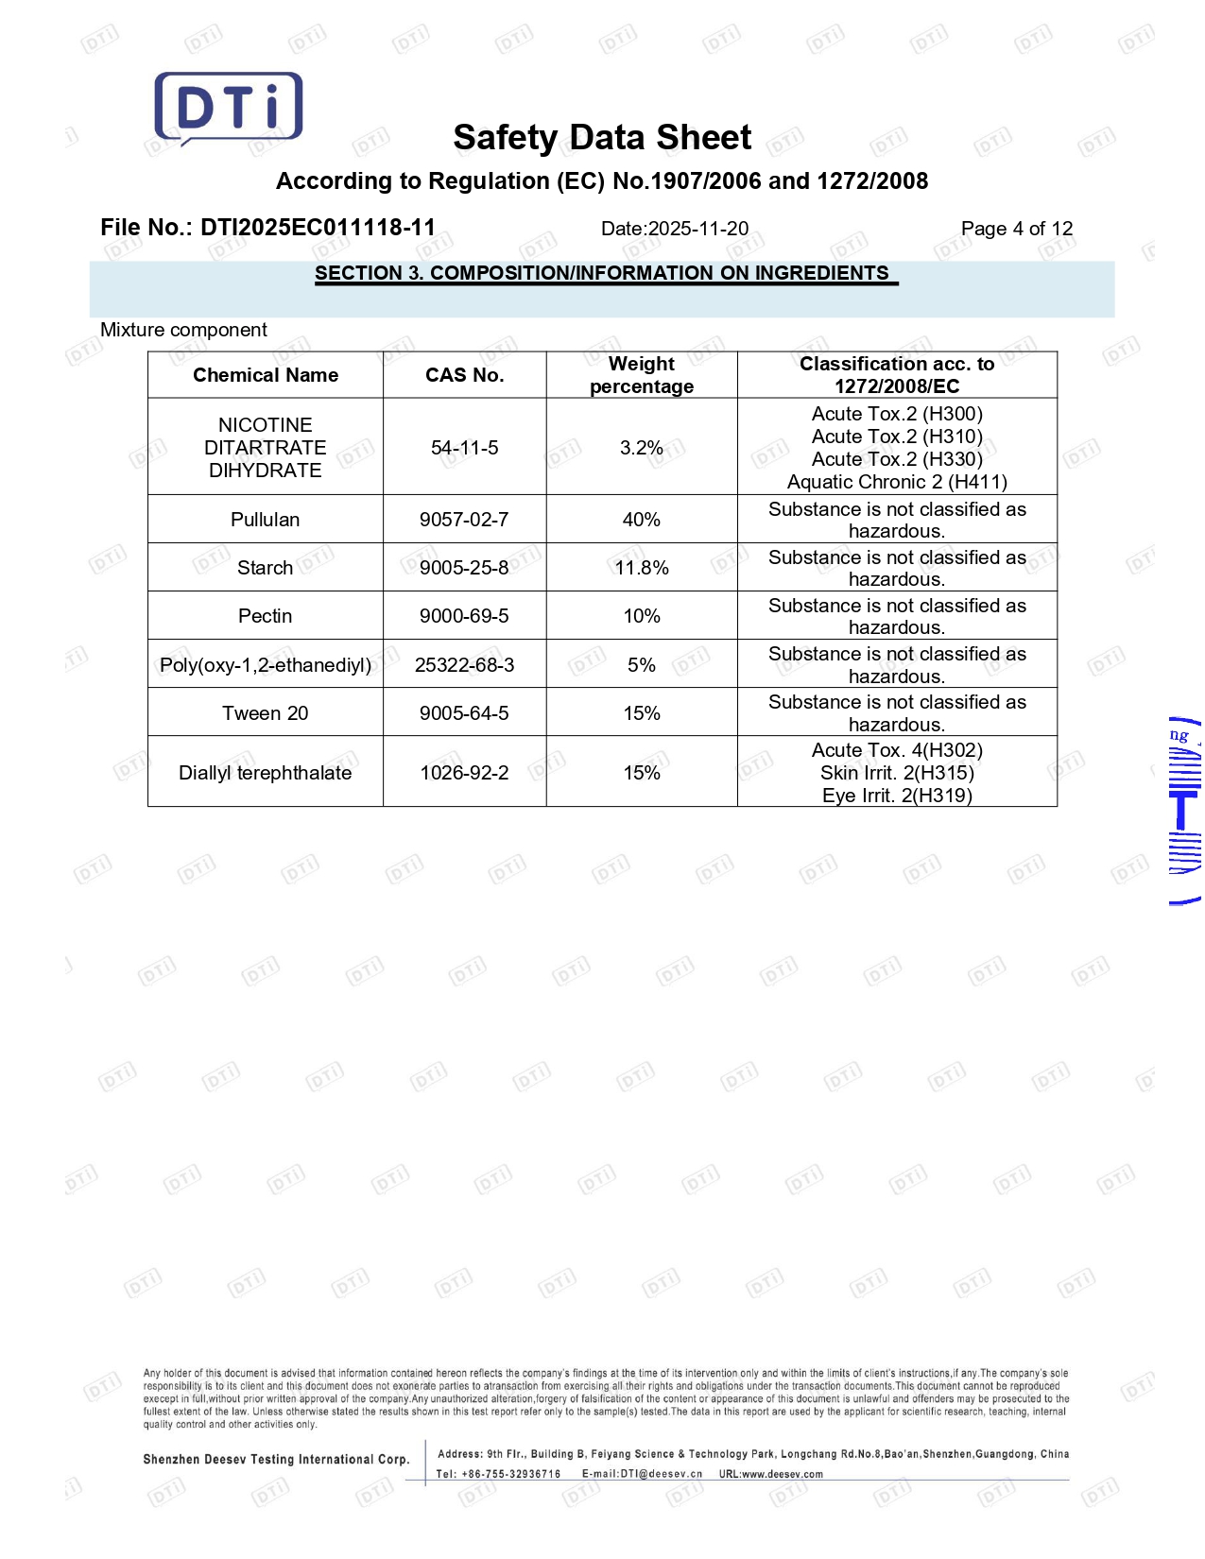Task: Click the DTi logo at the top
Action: (x=229, y=107)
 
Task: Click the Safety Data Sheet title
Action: (x=602, y=138)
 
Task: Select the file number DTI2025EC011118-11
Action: (x=318, y=228)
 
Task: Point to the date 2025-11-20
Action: (x=697, y=229)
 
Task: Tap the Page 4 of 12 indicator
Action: (x=1016, y=229)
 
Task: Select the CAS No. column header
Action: (x=464, y=375)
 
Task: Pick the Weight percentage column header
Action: (x=642, y=375)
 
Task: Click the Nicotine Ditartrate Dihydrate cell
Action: (x=266, y=448)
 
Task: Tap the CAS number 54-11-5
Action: (x=464, y=448)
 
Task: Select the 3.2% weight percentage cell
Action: (x=641, y=448)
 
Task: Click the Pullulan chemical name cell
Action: (x=266, y=520)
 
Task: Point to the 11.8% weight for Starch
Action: (x=642, y=568)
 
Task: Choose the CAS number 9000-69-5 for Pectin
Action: (x=464, y=616)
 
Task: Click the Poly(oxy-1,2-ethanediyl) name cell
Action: (x=266, y=665)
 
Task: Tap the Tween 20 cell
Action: (x=266, y=713)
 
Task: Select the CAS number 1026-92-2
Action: (x=464, y=773)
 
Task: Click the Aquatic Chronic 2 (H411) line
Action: (x=897, y=482)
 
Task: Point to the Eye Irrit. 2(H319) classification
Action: (x=897, y=796)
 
